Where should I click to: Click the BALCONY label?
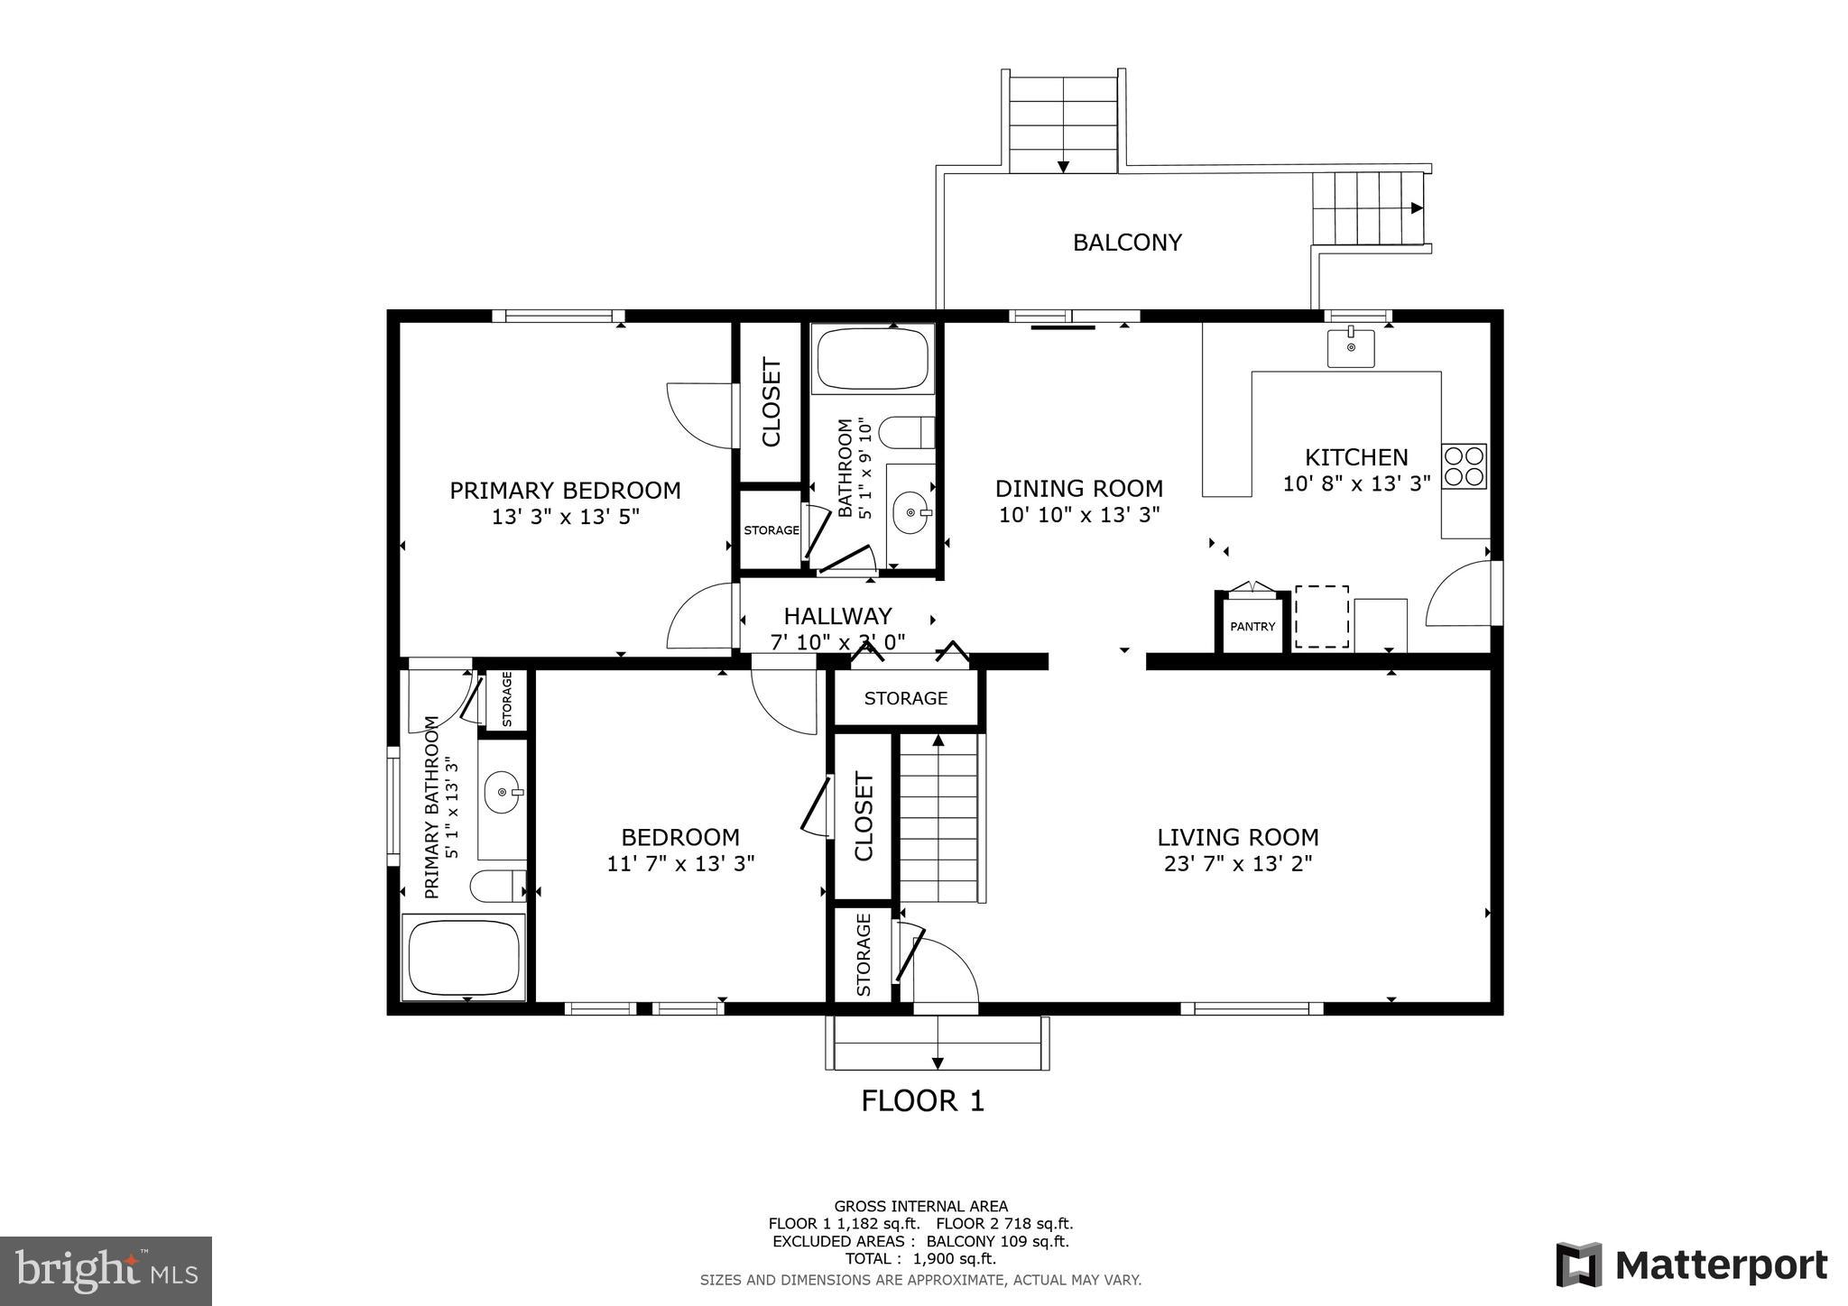(x=1126, y=243)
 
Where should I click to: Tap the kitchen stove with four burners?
(x=1464, y=466)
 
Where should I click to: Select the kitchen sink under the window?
(x=1350, y=348)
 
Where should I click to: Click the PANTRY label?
(x=1252, y=626)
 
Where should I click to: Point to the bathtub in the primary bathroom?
(x=464, y=956)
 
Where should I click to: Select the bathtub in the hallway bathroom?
(x=872, y=359)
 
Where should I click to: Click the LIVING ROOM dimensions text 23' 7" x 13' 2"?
(x=1237, y=864)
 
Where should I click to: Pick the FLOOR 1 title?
(x=922, y=1101)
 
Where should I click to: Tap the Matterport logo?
(x=1692, y=1265)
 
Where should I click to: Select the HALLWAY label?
(x=837, y=616)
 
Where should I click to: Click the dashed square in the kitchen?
(x=1322, y=616)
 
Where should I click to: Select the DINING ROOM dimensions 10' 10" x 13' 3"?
(x=1078, y=515)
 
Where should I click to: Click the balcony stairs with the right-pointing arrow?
(x=1366, y=208)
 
